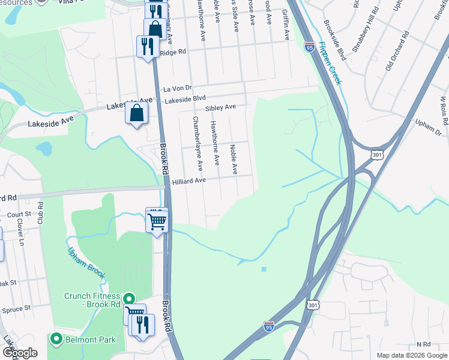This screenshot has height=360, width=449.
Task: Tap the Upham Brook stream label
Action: pos(86,263)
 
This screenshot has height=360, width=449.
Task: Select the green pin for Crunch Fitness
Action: pos(128,299)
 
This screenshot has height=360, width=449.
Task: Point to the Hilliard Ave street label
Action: pos(189,180)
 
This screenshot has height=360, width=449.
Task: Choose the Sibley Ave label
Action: pos(220,108)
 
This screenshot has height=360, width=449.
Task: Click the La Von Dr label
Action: pos(177,88)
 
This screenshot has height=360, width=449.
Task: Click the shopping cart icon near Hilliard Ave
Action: pos(157,221)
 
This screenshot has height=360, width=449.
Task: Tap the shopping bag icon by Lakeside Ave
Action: pos(137,112)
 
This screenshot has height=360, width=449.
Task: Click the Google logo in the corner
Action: pos(20,352)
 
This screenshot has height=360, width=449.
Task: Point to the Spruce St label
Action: pos(19,308)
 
